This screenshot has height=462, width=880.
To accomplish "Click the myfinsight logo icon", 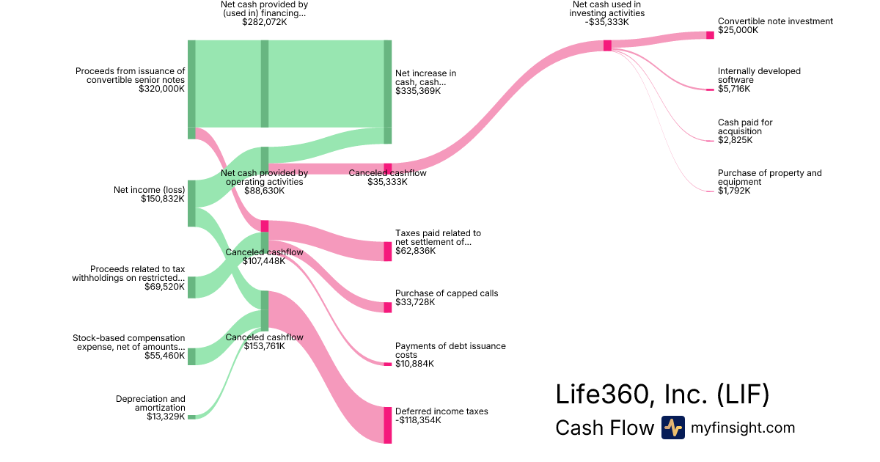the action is (672, 428).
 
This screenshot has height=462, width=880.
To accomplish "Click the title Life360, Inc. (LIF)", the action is (662, 395).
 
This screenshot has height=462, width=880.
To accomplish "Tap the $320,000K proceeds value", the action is (161, 89).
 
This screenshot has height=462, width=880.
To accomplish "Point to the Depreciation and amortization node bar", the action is (191, 417).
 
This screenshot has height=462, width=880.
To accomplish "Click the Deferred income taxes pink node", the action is (388, 425).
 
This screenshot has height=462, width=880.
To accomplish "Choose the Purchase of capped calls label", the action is (447, 293).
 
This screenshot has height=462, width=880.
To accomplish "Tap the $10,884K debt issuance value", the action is (414, 364).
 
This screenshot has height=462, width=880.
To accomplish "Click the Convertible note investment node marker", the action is (710, 35).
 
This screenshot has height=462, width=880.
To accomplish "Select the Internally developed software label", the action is (759, 76).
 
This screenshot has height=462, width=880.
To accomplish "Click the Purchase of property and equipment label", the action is (769, 177).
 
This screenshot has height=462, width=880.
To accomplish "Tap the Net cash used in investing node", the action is (607, 45).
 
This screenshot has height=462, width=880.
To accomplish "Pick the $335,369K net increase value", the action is (418, 91).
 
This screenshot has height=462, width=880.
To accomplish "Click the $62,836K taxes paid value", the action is (415, 251).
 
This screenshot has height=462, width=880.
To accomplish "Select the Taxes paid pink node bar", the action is (388, 251).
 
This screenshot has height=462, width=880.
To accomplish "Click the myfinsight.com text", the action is (743, 428).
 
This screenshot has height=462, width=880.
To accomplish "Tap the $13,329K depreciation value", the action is (163, 417).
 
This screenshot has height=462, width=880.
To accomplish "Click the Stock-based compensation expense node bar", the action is (191, 356).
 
